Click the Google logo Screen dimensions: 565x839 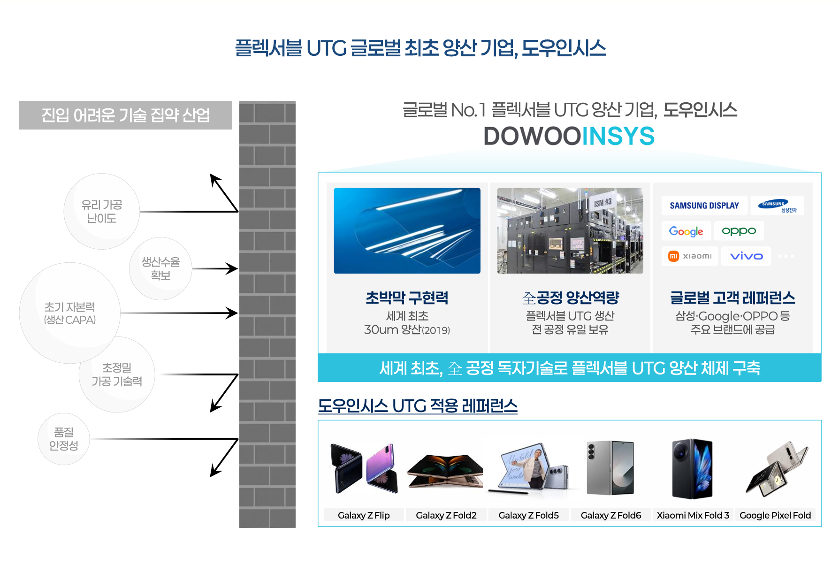coord(686,231)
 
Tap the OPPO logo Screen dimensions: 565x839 coord(739,231)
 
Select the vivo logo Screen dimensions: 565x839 coord(746,256)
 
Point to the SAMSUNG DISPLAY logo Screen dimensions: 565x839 coord(704,206)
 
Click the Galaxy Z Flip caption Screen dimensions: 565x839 coord(364,515)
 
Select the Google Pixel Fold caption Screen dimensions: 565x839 coord(775,515)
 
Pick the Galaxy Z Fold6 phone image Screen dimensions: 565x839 coord(610,468)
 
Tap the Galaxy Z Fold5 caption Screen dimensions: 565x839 coord(528,515)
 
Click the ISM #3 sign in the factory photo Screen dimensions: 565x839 coord(603,203)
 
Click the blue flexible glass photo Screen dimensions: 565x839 coord(407,230)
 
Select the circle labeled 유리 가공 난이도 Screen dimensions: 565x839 coord(102,211)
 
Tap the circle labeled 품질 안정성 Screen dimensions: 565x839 coord(64,439)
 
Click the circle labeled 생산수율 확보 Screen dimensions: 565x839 coord(160,268)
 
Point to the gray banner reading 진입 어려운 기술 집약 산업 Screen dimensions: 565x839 coord(126,115)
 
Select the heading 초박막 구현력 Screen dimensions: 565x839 coord(407,298)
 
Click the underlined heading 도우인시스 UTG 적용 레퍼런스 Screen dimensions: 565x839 coord(418,406)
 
